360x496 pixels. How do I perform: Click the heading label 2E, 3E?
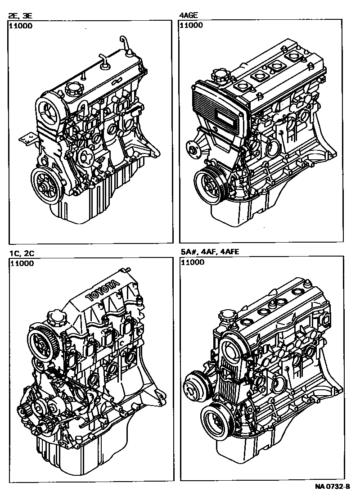[20, 16]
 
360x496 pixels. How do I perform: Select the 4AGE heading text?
[189, 15]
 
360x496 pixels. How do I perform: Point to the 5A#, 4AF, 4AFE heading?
[210, 252]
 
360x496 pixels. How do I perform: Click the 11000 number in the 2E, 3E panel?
[21, 26]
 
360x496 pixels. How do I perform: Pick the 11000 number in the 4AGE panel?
[191, 25]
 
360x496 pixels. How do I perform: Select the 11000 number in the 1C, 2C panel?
[22, 263]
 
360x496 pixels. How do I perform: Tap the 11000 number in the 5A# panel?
[193, 262]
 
